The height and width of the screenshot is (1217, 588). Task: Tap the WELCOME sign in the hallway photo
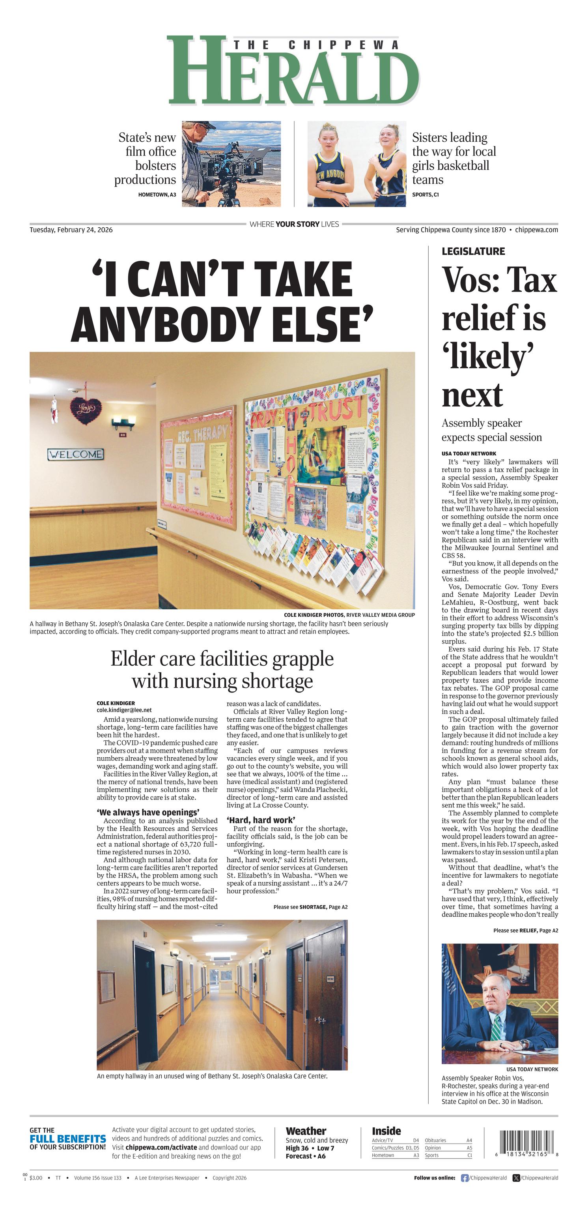(x=76, y=455)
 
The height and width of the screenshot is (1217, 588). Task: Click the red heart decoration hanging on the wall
(x=86, y=409)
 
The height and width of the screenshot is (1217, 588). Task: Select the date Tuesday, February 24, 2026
(x=71, y=230)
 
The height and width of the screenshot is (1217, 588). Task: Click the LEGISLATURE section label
(x=473, y=251)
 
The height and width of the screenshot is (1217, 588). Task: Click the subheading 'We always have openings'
(x=148, y=813)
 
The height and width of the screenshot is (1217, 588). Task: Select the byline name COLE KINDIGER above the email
(x=116, y=703)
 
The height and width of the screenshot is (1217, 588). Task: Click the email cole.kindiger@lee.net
(x=124, y=710)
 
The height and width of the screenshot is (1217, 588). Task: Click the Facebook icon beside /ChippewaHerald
(x=465, y=1178)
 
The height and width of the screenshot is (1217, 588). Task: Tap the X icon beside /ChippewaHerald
(x=516, y=1178)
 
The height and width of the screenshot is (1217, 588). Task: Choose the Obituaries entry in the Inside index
(x=435, y=1140)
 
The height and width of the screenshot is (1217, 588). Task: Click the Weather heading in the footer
(x=306, y=1131)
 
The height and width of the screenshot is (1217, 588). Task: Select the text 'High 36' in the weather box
(x=297, y=1148)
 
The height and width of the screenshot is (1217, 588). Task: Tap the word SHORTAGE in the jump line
(x=313, y=907)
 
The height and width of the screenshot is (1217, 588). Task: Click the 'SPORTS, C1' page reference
(x=425, y=195)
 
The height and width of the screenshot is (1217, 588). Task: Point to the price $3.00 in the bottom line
(x=35, y=1178)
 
